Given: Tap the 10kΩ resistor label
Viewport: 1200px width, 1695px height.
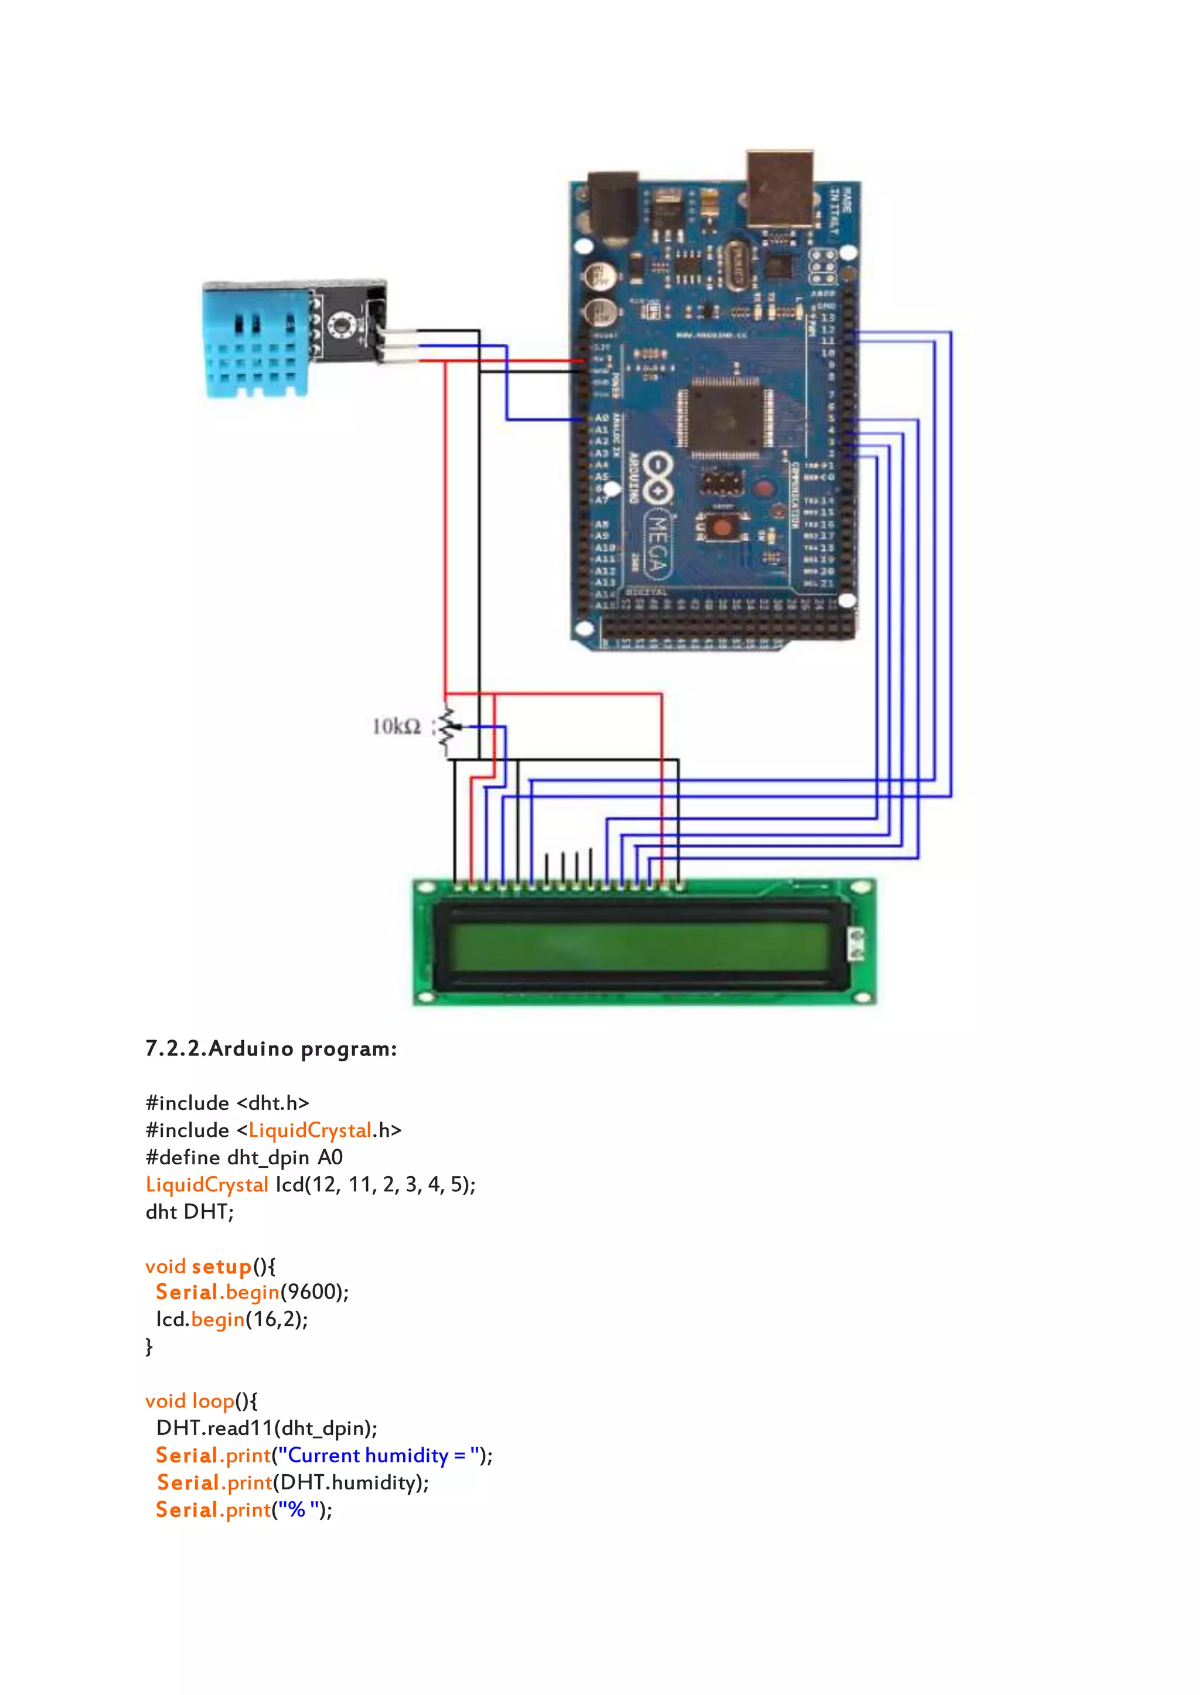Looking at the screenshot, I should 396,727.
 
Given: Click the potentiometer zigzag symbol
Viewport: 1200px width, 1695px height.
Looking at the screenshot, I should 445,731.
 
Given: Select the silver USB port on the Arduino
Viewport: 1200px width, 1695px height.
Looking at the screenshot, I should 779,189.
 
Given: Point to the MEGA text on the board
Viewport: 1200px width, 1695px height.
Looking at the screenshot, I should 657,544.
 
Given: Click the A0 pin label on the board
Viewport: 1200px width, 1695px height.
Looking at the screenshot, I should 602,418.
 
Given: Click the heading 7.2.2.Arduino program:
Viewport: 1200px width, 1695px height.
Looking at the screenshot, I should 271,1049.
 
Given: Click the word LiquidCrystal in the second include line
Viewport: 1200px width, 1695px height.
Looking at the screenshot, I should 309,1130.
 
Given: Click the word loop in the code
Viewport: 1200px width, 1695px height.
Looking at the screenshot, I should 213,1401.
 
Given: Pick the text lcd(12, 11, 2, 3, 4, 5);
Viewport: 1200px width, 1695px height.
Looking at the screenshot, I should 376,1185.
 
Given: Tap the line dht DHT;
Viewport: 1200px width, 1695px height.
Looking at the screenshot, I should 189,1212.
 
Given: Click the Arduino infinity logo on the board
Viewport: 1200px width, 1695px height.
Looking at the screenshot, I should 657,478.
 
